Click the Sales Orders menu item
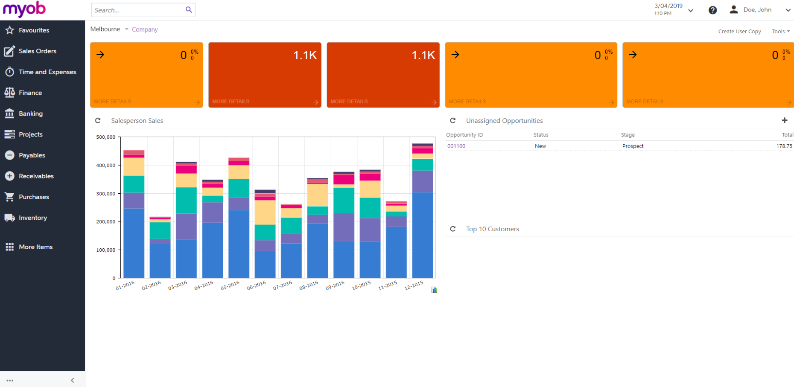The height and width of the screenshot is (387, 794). tap(37, 51)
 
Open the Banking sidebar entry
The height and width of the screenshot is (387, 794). tap(30, 113)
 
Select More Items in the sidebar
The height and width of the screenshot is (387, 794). tap(35, 247)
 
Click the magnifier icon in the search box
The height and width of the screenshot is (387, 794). tap(189, 10)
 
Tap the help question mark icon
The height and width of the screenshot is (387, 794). tap(712, 10)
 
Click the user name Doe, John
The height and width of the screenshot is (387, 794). tap(757, 10)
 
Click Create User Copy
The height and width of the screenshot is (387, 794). tap(739, 32)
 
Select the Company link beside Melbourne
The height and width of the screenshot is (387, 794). tap(145, 29)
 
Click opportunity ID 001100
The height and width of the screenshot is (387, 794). tap(456, 146)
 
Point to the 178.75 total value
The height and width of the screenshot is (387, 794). tap(784, 146)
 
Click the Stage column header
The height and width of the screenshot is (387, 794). tap(628, 135)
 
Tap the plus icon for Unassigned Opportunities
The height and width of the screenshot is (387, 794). tap(784, 120)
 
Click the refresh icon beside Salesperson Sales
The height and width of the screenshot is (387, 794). tap(98, 121)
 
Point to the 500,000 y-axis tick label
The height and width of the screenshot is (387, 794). tap(106, 137)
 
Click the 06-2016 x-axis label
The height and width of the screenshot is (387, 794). tap(256, 285)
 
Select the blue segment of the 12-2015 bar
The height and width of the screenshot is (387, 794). tap(422, 235)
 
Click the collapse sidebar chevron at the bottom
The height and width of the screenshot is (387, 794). tap(73, 380)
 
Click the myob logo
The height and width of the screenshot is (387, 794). tap(24, 9)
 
